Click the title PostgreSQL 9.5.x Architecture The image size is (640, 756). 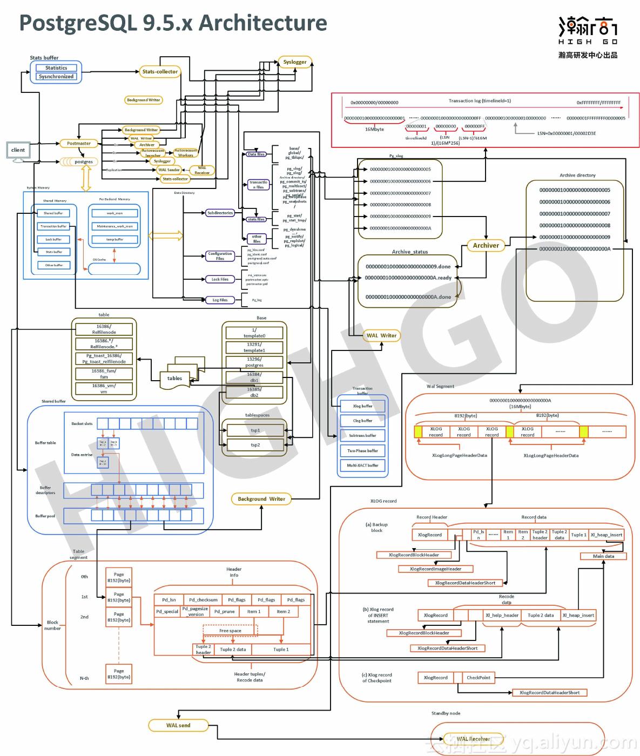pyautogui.click(x=173, y=23)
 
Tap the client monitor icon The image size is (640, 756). pyautogui.click(x=18, y=151)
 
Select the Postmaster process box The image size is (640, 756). pyautogui.click(x=79, y=144)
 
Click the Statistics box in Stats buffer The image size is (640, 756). pyautogui.click(x=56, y=68)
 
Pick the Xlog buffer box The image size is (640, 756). pyautogui.click(x=362, y=406)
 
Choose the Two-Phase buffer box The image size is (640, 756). pyautogui.click(x=362, y=450)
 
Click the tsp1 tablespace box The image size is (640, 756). pyautogui.click(x=255, y=430)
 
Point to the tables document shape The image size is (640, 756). pyautogui.click(x=174, y=379)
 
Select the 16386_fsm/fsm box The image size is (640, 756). pyautogui.click(x=104, y=374)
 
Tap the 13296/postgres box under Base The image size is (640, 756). pyautogui.click(x=254, y=362)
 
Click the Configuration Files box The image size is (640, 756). pyautogui.click(x=220, y=256)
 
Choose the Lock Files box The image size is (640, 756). pyautogui.click(x=220, y=279)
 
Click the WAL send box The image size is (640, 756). pyautogui.click(x=178, y=725)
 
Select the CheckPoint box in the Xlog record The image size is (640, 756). pyautogui.click(x=479, y=677)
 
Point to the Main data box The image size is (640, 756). pyautogui.click(x=603, y=556)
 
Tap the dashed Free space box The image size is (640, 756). pyautogui.click(x=230, y=631)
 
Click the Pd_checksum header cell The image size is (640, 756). pyautogui.click(x=203, y=599)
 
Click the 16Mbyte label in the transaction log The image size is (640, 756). pyautogui.click(x=374, y=130)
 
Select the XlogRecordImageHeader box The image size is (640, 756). pyautogui.click(x=435, y=569)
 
